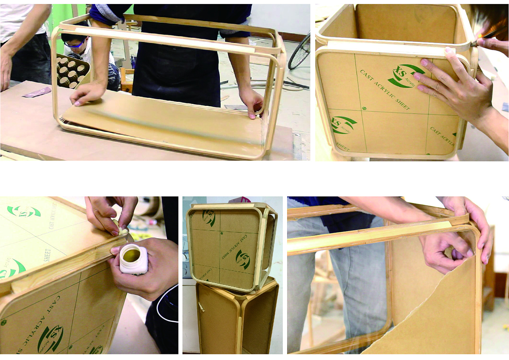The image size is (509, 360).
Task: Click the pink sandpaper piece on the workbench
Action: [x=37, y=92]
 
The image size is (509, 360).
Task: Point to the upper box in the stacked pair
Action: [x=231, y=245]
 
